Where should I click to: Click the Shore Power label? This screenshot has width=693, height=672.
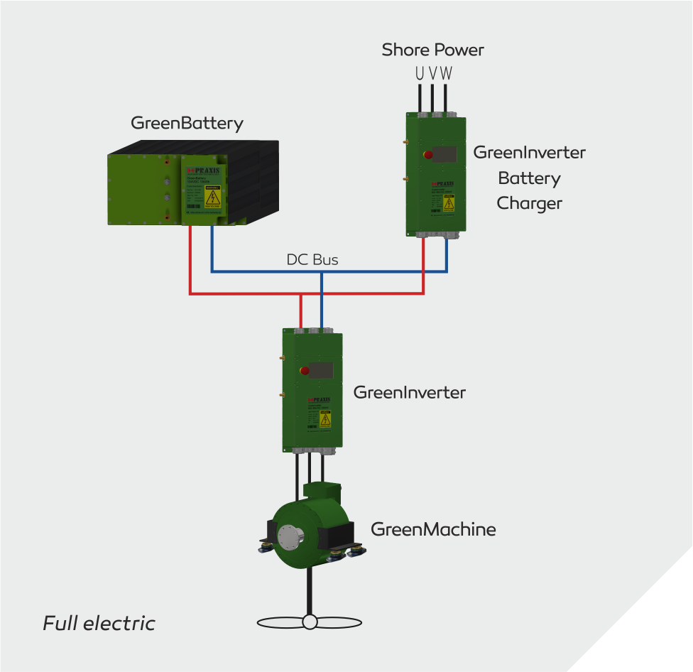432,50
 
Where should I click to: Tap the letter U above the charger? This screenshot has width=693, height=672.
420,72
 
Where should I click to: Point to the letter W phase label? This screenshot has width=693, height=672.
446,72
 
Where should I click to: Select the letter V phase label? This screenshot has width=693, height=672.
432,72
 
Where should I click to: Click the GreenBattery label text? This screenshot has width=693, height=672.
187,123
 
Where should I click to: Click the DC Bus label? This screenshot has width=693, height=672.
312,260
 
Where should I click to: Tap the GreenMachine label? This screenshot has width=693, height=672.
433,529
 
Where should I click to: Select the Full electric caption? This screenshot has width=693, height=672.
99,624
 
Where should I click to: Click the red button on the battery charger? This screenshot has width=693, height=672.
428,154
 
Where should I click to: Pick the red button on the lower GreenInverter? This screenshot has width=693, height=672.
305,370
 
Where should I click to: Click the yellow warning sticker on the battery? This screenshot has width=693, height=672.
212,197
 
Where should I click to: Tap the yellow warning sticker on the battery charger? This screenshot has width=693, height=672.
449,202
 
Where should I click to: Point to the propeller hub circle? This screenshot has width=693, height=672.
310,622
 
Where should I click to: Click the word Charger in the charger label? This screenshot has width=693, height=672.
529,203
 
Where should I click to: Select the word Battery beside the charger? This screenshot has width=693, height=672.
529,178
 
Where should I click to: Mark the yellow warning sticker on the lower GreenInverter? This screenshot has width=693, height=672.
325,420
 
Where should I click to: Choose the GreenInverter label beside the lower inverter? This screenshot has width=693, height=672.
409,392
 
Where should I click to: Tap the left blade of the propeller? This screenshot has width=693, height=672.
280,622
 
